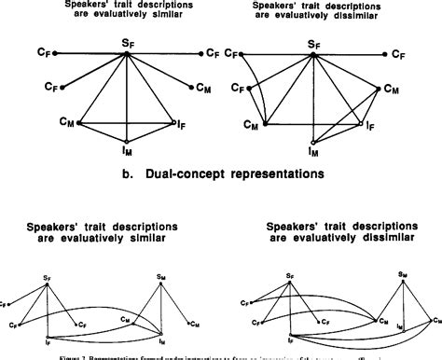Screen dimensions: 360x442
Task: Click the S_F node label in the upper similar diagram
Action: coord(128,42)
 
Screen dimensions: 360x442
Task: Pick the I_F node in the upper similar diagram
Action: coord(180,121)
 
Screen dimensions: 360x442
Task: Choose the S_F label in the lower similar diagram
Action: coord(46,277)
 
